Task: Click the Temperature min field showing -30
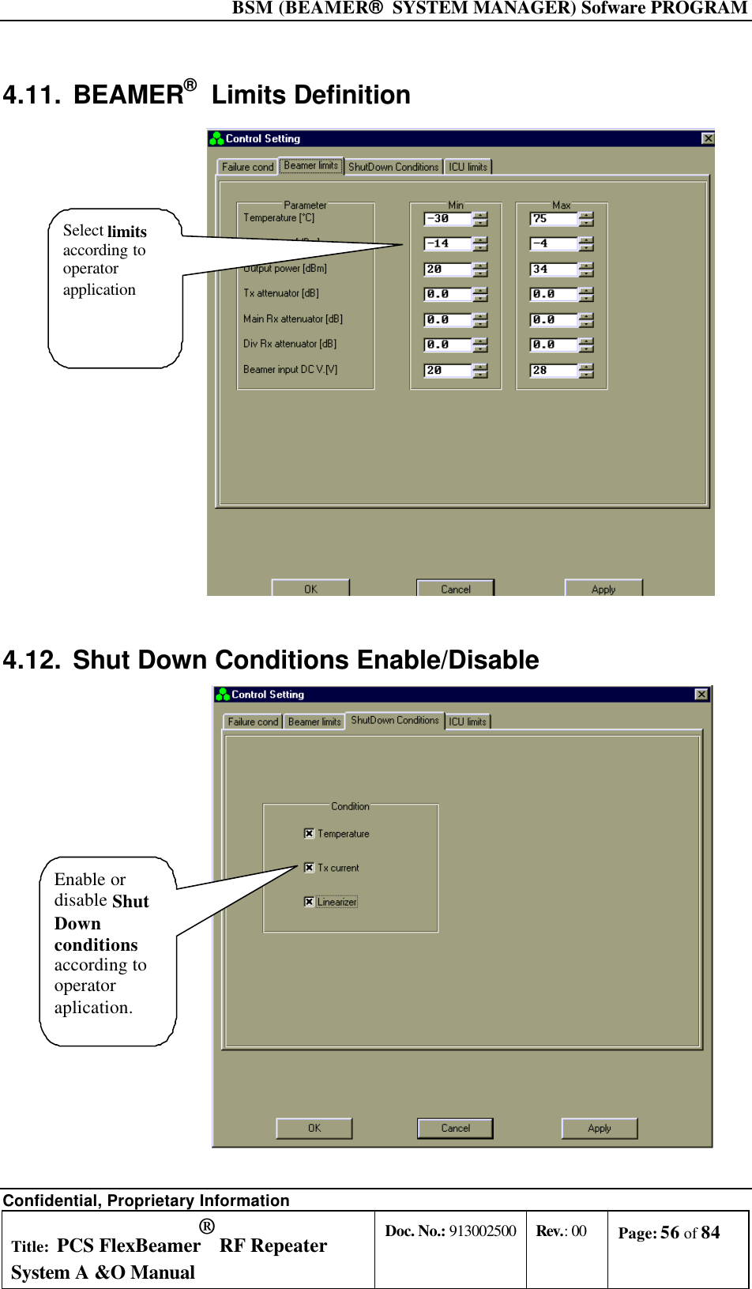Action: [x=447, y=219]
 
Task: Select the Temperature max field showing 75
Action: [x=553, y=219]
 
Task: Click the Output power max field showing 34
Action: [x=553, y=269]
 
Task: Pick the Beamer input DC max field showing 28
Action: [x=553, y=371]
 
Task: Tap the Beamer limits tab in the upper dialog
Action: [x=311, y=166]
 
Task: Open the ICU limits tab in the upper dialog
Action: [x=468, y=167]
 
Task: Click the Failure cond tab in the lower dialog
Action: [x=253, y=722]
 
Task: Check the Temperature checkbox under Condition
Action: [x=309, y=833]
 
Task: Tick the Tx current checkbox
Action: [x=309, y=867]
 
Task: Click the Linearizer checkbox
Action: [x=309, y=902]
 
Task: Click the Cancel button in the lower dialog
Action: [x=455, y=1128]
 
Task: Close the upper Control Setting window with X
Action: [x=708, y=138]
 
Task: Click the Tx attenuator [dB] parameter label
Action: [x=281, y=293]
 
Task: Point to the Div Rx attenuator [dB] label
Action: [x=290, y=344]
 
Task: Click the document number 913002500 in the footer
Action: [x=482, y=1231]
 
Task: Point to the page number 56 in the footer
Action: [x=670, y=1233]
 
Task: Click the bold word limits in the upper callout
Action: [x=127, y=232]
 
